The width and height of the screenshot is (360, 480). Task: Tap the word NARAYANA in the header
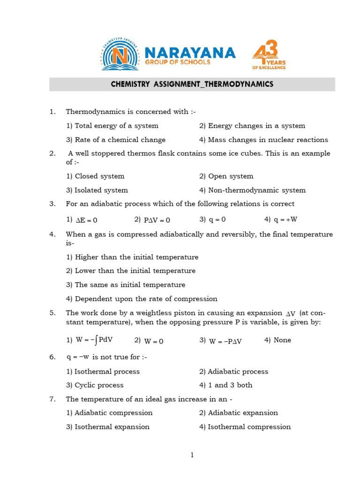tap(190, 52)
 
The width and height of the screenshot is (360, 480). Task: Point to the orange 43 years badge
tap(269, 54)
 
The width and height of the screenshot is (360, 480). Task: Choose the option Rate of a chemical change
tap(116, 140)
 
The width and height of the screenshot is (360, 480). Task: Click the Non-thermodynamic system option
tap(252, 190)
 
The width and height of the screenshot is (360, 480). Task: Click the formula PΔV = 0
tap(157, 220)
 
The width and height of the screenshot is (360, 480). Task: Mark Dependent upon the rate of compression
tap(142, 299)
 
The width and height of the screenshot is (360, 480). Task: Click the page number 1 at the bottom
tap(192, 455)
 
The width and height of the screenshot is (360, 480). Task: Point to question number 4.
tap(52, 234)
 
